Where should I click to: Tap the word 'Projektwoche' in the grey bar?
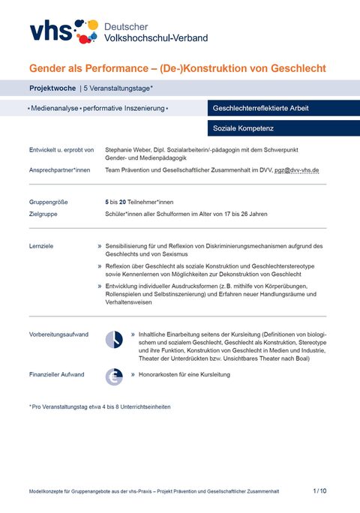click(52, 88)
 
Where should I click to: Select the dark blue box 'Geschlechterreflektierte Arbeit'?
click(261, 108)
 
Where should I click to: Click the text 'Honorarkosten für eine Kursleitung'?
click(184, 373)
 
